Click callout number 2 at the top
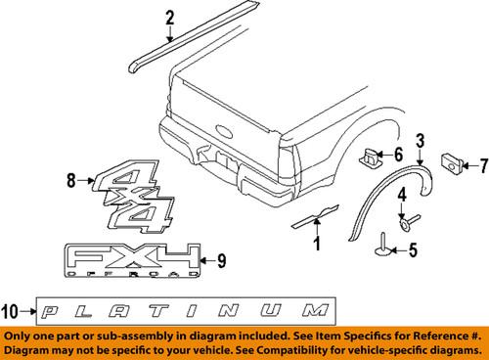click(x=169, y=16)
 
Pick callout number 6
click(x=398, y=155)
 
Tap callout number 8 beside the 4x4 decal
click(x=69, y=179)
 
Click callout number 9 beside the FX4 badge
click(x=221, y=260)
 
